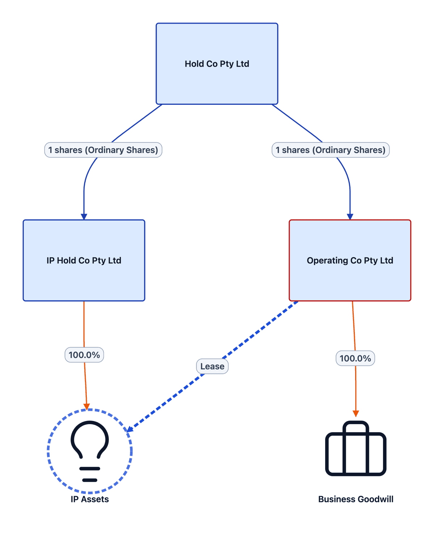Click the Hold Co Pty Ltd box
tap(217, 64)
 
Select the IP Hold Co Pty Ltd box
tap(84, 260)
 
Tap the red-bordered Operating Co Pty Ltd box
tap(350, 260)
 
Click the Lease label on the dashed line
tap(212, 366)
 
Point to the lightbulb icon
tap(90, 451)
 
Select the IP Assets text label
tap(90, 499)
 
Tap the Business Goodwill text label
tap(356, 499)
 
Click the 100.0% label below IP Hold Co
tap(84, 355)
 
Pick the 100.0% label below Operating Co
tap(355, 358)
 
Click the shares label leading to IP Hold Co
tap(103, 150)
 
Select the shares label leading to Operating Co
tap(331, 150)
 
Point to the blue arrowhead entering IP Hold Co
tap(84, 217)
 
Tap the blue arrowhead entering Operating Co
tap(350, 217)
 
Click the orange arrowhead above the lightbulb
tap(87, 407)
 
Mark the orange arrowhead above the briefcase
tap(356, 413)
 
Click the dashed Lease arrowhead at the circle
tap(130, 429)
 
